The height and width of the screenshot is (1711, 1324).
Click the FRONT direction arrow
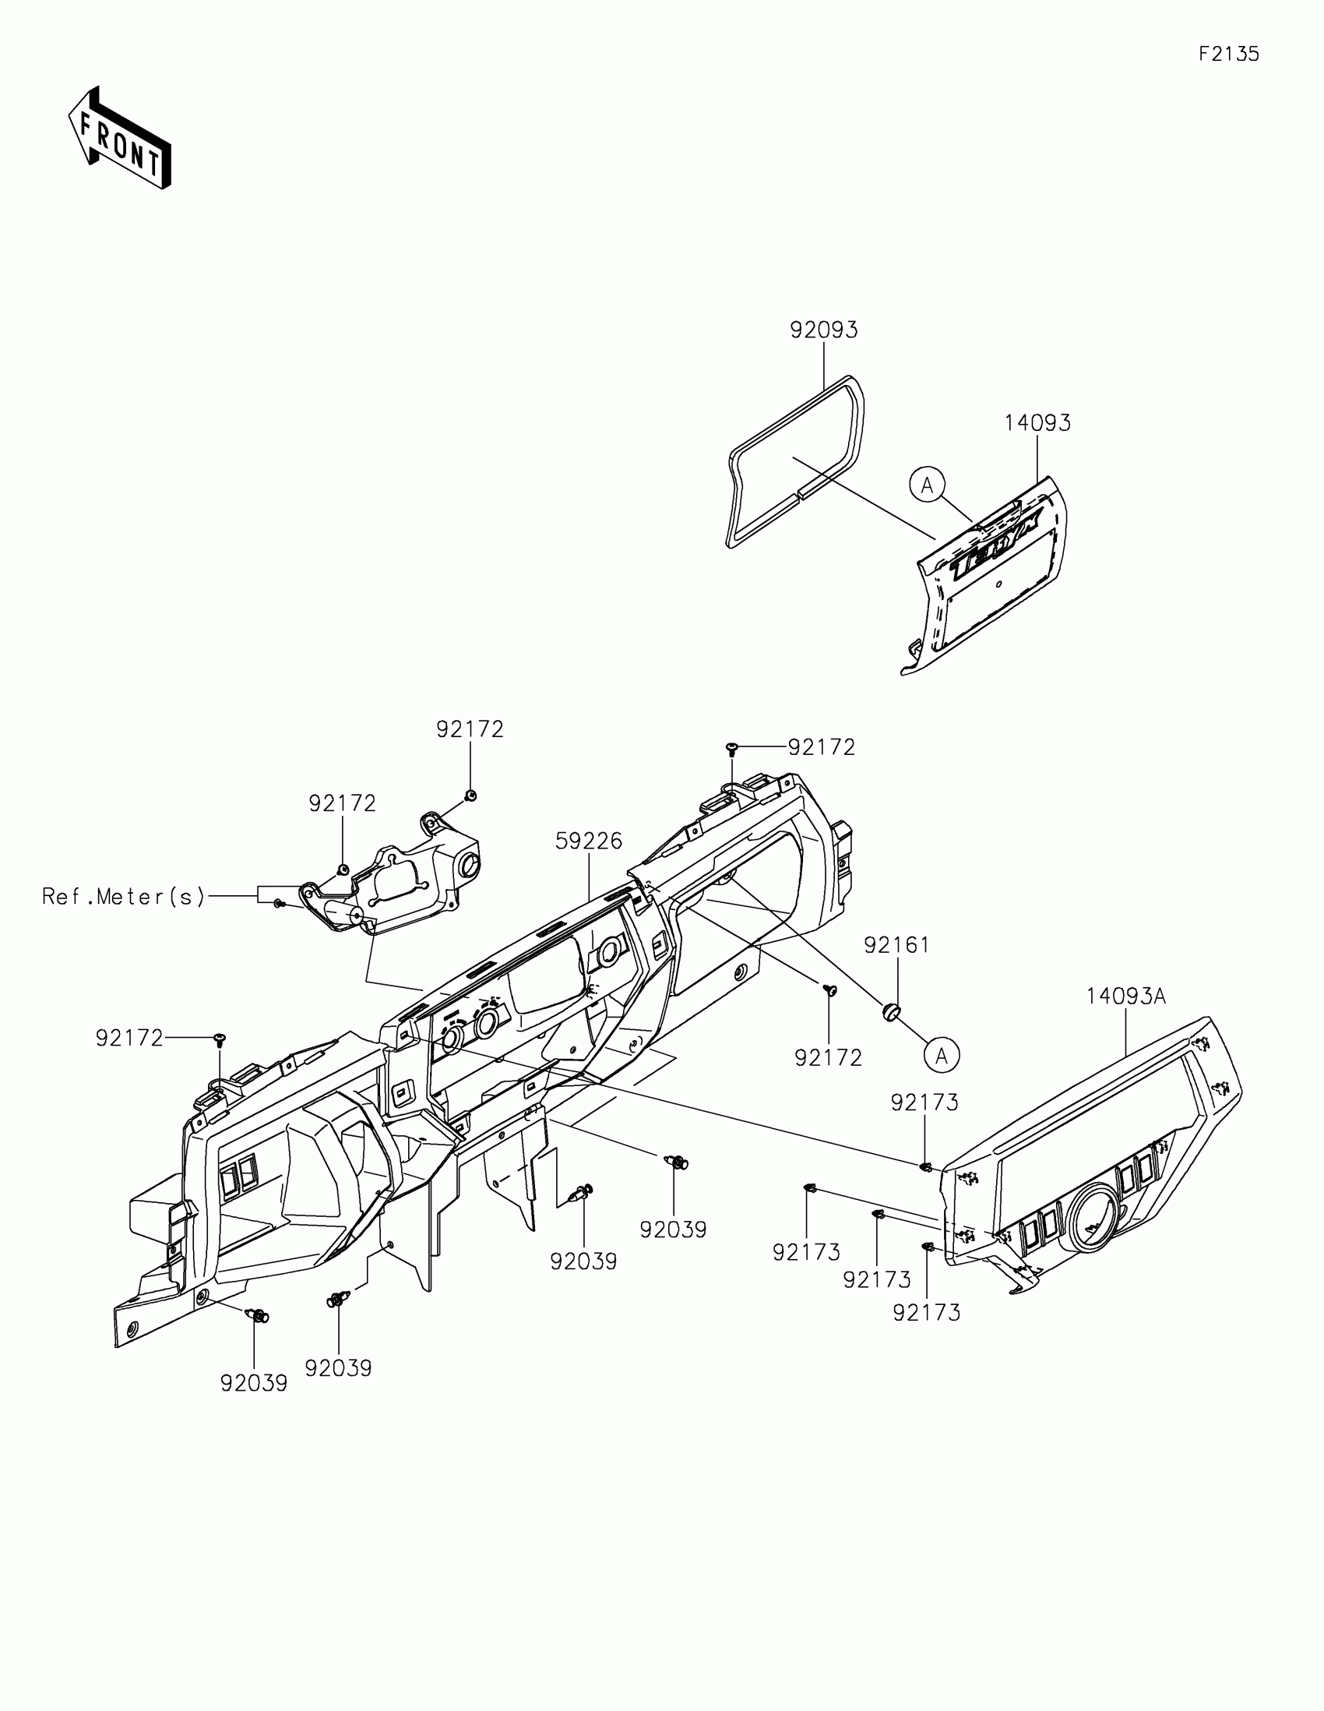pyautogui.click(x=120, y=139)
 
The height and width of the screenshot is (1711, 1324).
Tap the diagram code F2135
pyautogui.click(x=1228, y=54)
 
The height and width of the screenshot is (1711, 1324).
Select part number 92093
pyautogui.click(x=824, y=330)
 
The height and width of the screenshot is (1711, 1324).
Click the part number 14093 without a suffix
pyautogui.click(x=1037, y=423)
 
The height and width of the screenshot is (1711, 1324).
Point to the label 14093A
pyautogui.click(x=1126, y=997)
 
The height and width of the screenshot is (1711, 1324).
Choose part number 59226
pyautogui.click(x=589, y=841)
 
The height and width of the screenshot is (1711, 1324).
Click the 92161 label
pyautogui.click(x=896, y=946)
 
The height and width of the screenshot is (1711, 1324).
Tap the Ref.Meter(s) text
pyautogui.click(x=124, y=896)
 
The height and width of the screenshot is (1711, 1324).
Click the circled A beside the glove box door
pyautogui.click(x=927, y=485)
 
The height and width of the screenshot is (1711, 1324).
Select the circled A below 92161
pyautogui.click(x=941, y=1056)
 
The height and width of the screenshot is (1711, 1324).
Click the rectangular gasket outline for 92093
pyautogui.click(x=794, y=462)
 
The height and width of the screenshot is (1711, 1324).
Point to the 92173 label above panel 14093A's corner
pyautogui.click(x=924, y=1103)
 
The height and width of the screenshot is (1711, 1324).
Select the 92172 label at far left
pyautogui.click(x=129, y=1039)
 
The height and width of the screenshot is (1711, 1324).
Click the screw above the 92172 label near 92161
pyautogui.click(x=831, y=991)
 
